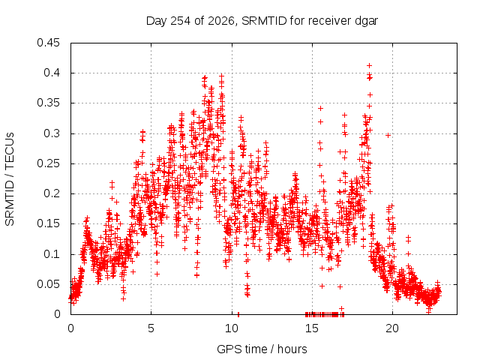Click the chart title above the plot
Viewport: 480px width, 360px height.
coord(262,21)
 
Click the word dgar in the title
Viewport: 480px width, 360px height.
coord(367,22)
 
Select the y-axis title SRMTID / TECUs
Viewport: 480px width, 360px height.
coord(10,179)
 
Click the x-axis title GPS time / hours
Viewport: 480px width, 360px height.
coord(262,349)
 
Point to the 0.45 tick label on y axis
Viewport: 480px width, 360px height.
coord(48,43)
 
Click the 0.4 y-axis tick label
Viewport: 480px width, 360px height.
coord(52,73)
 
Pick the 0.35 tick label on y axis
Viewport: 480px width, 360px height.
coord(48,103)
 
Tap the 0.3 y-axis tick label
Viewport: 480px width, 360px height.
coord(52,133)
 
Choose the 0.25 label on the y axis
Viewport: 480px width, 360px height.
coord(48,163)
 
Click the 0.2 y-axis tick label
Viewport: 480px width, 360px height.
coord(52,193)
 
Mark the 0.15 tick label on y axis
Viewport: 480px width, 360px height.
coord(48,223)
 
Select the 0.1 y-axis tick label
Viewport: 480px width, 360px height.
coord(52,254)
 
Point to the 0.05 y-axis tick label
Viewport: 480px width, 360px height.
coord(48,284)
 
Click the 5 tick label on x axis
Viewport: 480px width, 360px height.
coord(151,328)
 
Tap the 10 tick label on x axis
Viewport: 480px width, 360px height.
coord(232,328)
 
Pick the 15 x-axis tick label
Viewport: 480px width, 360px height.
coord(312,328)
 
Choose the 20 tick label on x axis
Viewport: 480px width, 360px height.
coord(392,328)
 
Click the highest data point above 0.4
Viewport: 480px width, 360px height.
coord(370,65)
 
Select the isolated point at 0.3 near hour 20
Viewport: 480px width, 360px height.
coord(388,135)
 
